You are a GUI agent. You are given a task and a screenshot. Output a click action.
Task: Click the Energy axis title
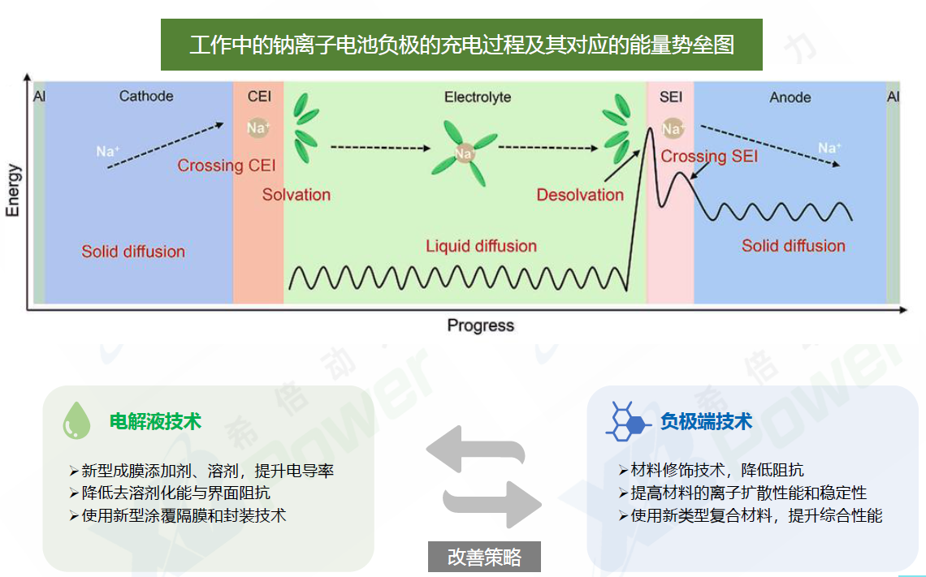click(13, 191)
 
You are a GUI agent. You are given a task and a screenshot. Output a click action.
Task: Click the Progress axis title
click(480, 325)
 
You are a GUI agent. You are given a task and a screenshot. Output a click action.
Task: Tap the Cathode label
click(146, 96)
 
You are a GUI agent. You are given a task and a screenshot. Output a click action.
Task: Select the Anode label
click(790, 97)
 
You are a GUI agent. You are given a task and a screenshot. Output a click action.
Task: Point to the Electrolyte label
click(477, 97)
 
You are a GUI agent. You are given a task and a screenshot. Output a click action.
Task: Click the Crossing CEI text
click(226, 166)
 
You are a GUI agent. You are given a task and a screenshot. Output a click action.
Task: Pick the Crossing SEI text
click(708, 157)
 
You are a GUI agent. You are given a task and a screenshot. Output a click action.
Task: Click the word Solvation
click(296, 195)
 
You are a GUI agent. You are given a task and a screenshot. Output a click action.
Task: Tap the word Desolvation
click(580, 195)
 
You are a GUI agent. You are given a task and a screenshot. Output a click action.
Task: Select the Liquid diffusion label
click(482, 246)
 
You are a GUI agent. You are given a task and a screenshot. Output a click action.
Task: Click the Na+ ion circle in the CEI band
click(258, 127)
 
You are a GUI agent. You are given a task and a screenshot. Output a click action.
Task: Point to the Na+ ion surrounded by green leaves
click(464, 154)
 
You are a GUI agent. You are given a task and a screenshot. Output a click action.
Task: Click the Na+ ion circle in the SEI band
click(672, 128)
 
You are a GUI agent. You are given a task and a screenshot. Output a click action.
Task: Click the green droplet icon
click(77, 420)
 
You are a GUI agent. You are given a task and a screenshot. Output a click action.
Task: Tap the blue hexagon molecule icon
click(628, 421)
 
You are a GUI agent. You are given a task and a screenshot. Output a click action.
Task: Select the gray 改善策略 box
click(484, 557)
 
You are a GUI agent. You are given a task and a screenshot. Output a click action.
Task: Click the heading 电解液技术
click(155, 421)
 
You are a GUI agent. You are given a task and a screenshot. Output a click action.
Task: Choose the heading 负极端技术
click(706, 421)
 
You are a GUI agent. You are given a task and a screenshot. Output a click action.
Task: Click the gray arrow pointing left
click(475, 450)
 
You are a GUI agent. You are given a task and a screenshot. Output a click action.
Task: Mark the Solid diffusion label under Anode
click(793, 246)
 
